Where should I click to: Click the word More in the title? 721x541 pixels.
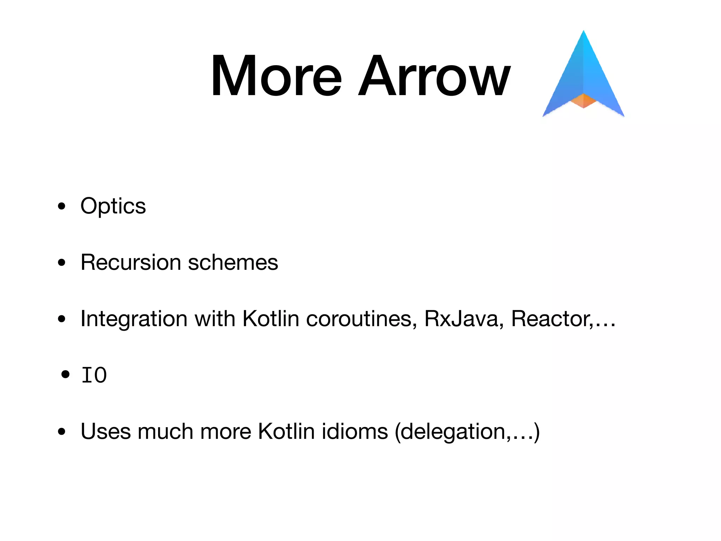coord(276,76)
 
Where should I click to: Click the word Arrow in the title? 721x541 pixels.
coord(434,76)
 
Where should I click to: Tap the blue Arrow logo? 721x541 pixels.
coord(583,70)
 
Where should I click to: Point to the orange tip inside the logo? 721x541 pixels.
coord(583,100)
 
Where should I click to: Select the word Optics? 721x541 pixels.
coord(113,206)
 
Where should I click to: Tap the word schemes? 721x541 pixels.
coord(233,262)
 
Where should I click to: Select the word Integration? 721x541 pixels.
coord(134,319)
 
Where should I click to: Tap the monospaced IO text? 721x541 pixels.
coord(94,375)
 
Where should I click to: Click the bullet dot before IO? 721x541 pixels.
coord(65,374)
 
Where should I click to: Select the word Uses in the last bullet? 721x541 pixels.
coord(106,431)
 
